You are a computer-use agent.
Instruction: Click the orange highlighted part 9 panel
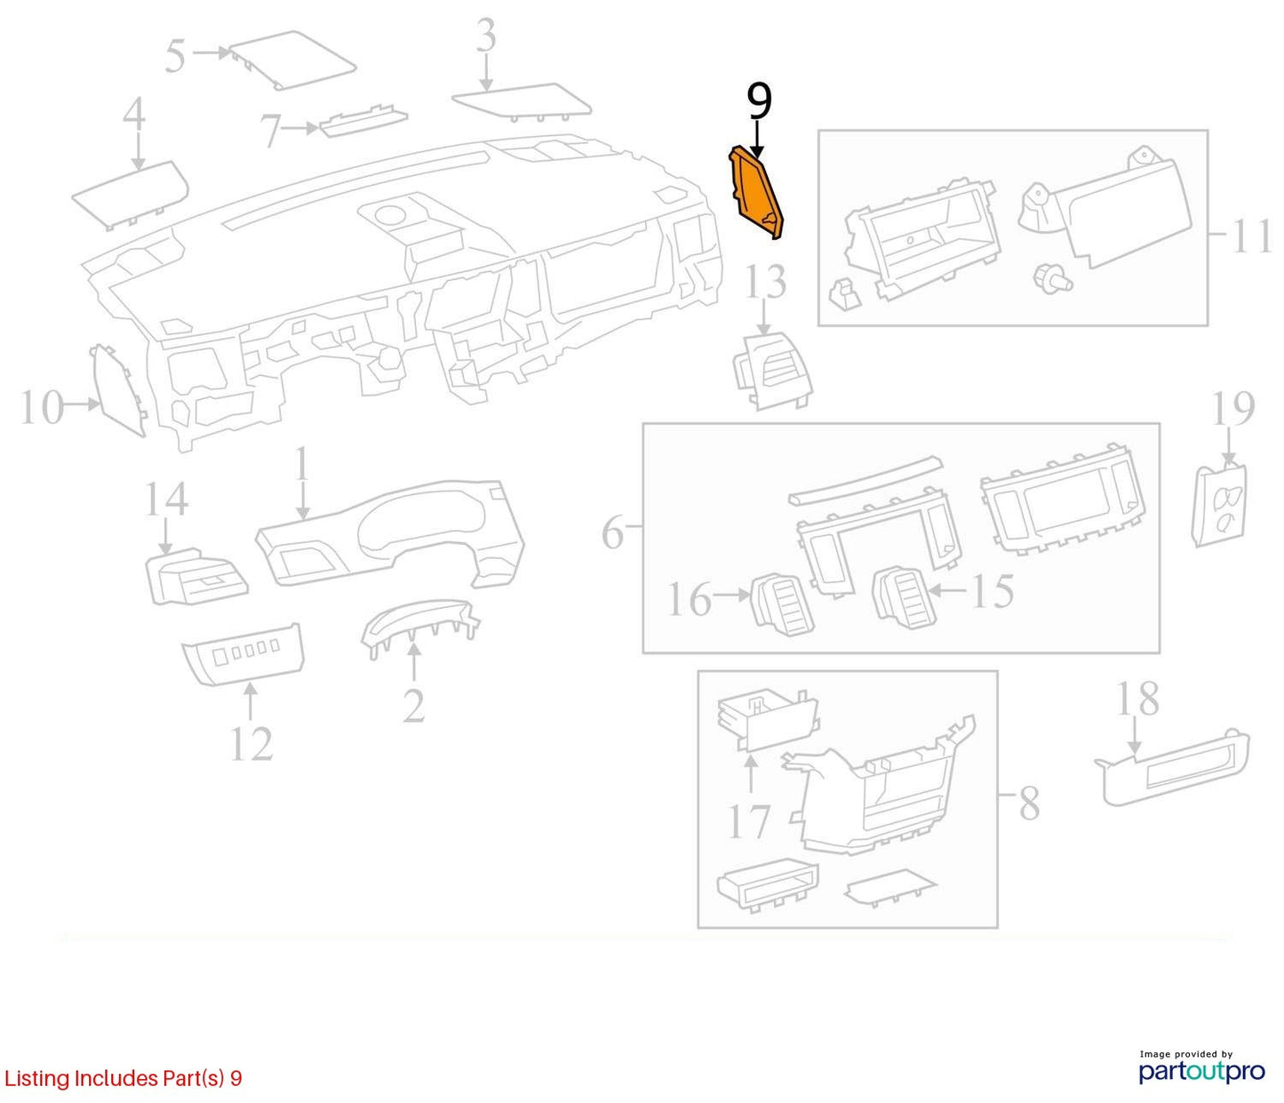tap(756, 193)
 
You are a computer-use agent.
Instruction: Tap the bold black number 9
tap(759, 101)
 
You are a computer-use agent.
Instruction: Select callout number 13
tap(765, 282)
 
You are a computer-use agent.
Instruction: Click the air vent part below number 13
tap(773, 371)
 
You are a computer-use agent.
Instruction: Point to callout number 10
tap(43, 408)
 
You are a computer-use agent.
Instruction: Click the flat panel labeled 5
tap(292, 60)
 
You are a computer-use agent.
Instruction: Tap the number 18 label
tap(1138, 699)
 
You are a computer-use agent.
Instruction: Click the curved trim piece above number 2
tap(420, 626)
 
